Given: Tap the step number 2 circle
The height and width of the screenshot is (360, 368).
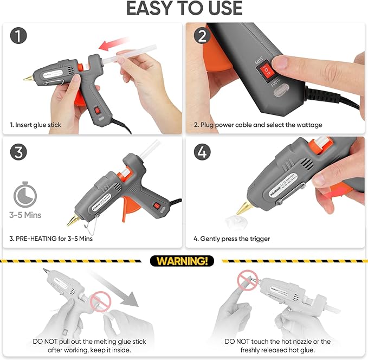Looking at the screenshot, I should [202, 37].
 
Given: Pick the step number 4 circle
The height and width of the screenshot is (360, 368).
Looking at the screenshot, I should [202, 152].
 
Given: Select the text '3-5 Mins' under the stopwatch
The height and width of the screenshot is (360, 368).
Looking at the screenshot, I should [24, 215].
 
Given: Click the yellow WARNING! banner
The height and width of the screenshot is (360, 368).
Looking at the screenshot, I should [182, 261].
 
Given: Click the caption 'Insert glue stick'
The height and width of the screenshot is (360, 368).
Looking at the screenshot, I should [36, 125].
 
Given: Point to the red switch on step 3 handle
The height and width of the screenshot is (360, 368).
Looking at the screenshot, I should [157, 205].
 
